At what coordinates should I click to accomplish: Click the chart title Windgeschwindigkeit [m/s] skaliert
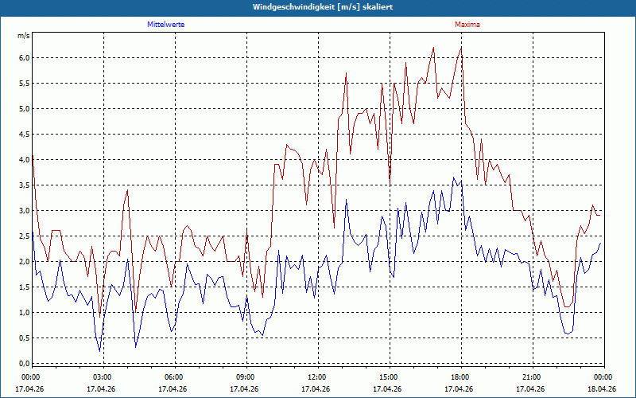click(x=323, y=7)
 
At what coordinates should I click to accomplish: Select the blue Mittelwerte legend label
click(x=166, y=25)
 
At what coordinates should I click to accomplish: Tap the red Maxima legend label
click(x=467, y=25)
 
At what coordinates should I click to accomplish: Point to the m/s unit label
click(x=24, y=36)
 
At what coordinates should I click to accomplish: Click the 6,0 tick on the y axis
click(x=25, y=57)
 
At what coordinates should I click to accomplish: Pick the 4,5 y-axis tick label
click(x=25, y=134)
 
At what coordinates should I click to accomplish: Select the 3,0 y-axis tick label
click(x=25, y=210)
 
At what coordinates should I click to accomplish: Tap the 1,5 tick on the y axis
click(x=25, y=287)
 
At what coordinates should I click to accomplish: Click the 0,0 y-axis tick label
click(x=25, y=364)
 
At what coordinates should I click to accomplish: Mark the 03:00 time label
click(x=104, y=377)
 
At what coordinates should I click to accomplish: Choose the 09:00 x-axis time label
click(x=246, y=377)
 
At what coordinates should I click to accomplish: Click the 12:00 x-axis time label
click(x=319, y=377)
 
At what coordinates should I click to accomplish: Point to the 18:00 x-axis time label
click(x=462, y=377)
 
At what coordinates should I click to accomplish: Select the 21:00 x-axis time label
click(x=533, y=377)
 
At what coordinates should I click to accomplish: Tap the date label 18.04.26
click(x=602, y=389)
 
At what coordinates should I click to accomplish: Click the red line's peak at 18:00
click(x=461, y=48)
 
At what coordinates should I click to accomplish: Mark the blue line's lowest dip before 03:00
click(x=100, y=351)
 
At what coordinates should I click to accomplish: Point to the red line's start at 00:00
click(x=33, y=155)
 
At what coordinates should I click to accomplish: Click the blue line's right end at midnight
click(x=600, y=243)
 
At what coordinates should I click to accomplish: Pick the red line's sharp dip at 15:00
click(x=390, y=185)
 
